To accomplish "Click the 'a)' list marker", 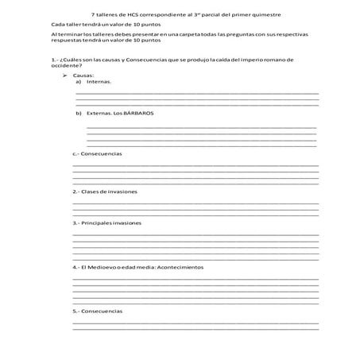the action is pyautogui.click(x=79, y=81).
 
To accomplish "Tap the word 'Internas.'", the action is pyautogui.click(x=99, y=81).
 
